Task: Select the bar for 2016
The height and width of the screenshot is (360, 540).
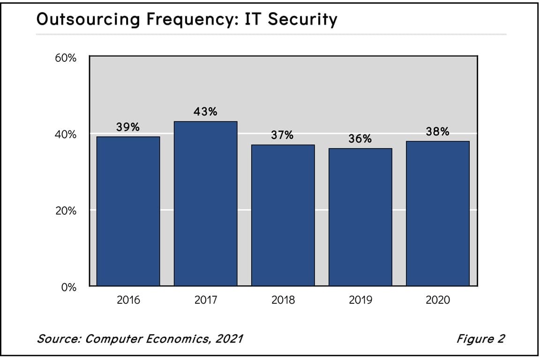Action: pyautogui.click(x=128, y=211)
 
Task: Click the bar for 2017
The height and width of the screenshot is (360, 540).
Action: pyautogui.click(x=205, y=203)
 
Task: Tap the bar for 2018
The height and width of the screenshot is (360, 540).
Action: pyautogui.click(x=283, y=215)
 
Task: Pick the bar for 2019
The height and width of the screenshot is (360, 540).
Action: pyautogui.click(x=360, y=217)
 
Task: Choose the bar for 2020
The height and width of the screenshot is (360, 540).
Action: pyautogui.click(x=437, y=213)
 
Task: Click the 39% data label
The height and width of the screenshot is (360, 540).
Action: pyautogui.click(x=128, y=127)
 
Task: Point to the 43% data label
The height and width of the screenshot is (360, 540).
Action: pyautogui.click(x=205, y=112)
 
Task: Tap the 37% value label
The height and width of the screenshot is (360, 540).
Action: pyautogui.click(x=283, y=135)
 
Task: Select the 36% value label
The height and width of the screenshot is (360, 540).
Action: pyautogui.click(x=360, y=139)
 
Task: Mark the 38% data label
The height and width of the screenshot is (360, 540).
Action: pyautogui.click(x=437, y=132)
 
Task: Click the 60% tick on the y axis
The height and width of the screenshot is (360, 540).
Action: pyautogui.click(x=66, y=59)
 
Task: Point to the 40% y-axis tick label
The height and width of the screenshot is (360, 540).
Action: pyautogui.click(x=66, y=135)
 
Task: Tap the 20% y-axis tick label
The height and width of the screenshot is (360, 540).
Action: pyautogui.click(x=66, y=211)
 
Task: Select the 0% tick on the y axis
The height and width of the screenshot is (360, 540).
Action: pyautogui.click(x=68, y=287)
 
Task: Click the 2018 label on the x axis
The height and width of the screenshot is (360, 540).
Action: pyautogui.click(x=283, y=300)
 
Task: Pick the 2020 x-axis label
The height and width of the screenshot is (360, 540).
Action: pyautogui.click(x=437, y=300)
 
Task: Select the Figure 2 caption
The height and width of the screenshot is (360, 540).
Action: pyautogui.click(x=480, y=338)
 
